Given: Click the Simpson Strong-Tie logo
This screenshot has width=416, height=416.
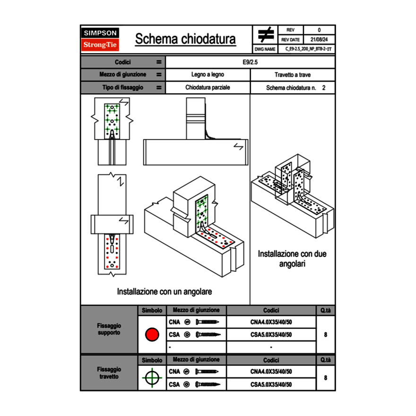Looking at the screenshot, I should coord(101,39).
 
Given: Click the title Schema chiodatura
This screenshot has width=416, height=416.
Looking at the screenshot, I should coord(185,39).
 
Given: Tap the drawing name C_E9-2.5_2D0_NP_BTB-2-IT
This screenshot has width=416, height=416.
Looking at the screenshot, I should coord(308,49).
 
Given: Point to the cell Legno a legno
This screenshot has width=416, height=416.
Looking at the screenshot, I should coord(208,75).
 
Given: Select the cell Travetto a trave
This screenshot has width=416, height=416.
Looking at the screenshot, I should coord(292,75).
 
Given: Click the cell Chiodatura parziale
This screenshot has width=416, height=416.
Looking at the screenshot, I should coord(208,87).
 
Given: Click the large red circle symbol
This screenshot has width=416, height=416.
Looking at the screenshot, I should coord(152,335).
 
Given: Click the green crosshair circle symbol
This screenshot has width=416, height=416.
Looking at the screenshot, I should coord(152,378).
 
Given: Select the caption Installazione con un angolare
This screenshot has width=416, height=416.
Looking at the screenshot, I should coord(165,292).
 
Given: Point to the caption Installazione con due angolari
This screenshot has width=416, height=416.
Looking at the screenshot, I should coord(292,259).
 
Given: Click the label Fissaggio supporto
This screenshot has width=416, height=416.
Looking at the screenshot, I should coord(109,329).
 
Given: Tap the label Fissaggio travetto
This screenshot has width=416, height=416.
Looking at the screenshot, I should coord(109,373).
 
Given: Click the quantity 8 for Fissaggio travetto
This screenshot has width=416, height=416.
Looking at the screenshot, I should coord(325,378).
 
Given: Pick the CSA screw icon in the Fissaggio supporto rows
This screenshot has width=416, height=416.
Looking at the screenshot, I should coord(208,335).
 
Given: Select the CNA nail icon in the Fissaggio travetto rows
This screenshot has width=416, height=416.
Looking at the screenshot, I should coord(208,372).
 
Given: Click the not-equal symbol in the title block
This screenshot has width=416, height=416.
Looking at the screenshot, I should coord(266,35).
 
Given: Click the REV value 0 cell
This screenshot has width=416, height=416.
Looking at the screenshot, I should coord(319,30).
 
